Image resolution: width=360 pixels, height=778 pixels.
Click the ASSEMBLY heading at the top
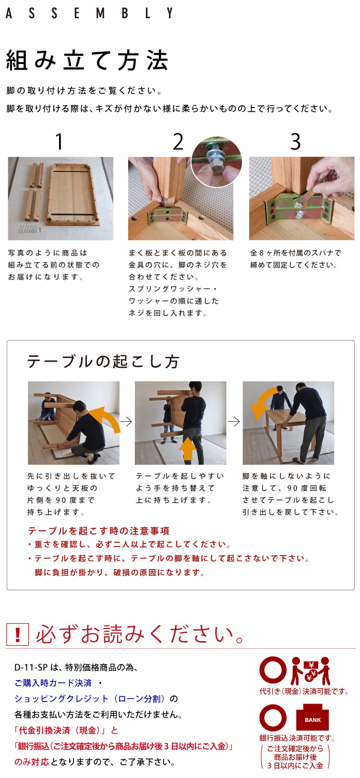coord(89,13)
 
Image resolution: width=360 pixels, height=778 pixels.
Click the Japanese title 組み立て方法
coord(87,61)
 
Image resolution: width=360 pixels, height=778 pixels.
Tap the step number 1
coord(59,142)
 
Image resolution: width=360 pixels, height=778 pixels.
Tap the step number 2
coord(178,142)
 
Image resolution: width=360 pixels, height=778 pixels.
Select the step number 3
coord(296,142)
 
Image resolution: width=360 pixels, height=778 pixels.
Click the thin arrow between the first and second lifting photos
coord(126,422)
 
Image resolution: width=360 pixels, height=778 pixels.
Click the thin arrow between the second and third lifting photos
coord(234,422)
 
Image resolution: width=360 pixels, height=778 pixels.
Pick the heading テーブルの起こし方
coord(103,362)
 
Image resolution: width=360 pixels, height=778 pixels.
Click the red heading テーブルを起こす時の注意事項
coord(99,531)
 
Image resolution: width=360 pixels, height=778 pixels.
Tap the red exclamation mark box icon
coord(18,635)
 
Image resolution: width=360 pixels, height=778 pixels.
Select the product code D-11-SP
coord(31,667)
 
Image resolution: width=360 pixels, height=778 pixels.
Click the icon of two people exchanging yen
coord(311,670)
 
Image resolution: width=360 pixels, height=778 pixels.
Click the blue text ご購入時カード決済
coord(53,683)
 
